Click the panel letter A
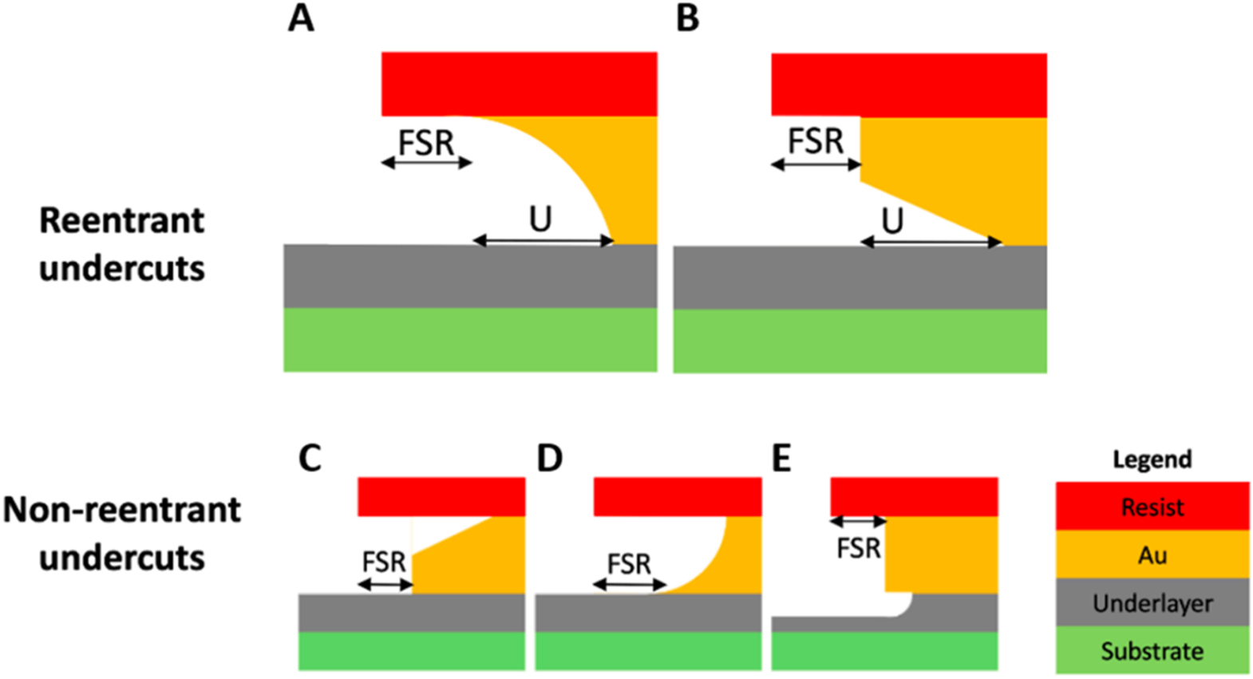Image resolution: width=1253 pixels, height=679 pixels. coord(301,18)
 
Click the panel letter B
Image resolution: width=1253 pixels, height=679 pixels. coord(687,18)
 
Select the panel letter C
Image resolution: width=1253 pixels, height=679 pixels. coord(310,459)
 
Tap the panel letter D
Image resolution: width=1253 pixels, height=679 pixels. coord(550,459)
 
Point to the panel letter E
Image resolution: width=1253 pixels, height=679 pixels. coord(781,459)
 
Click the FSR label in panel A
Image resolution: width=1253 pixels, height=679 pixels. coord(426,144)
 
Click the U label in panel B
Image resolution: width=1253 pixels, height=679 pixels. coord(892,220)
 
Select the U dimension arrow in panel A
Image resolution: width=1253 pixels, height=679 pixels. coord(543,241)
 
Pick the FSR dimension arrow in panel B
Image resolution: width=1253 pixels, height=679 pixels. coord(816,165)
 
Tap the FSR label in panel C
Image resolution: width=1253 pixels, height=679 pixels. coord(384,563)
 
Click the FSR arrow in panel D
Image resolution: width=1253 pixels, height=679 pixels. coord(630,586)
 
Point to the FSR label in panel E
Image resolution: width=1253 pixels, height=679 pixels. coord(859,549)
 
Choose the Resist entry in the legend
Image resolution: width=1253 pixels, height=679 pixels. coord(1152,507)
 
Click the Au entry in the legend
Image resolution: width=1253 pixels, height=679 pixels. coord(1152,555)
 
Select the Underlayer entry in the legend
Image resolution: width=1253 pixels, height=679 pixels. coord(1152,603)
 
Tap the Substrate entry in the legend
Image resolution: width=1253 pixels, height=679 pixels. coord(1152,651)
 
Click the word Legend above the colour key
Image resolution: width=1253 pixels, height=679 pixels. coord(1152,460)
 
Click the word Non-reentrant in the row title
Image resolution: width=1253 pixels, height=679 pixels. coord(122,510)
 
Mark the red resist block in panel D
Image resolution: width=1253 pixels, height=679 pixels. coord(678,496)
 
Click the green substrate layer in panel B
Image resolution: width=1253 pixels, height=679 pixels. coord(860,341)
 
